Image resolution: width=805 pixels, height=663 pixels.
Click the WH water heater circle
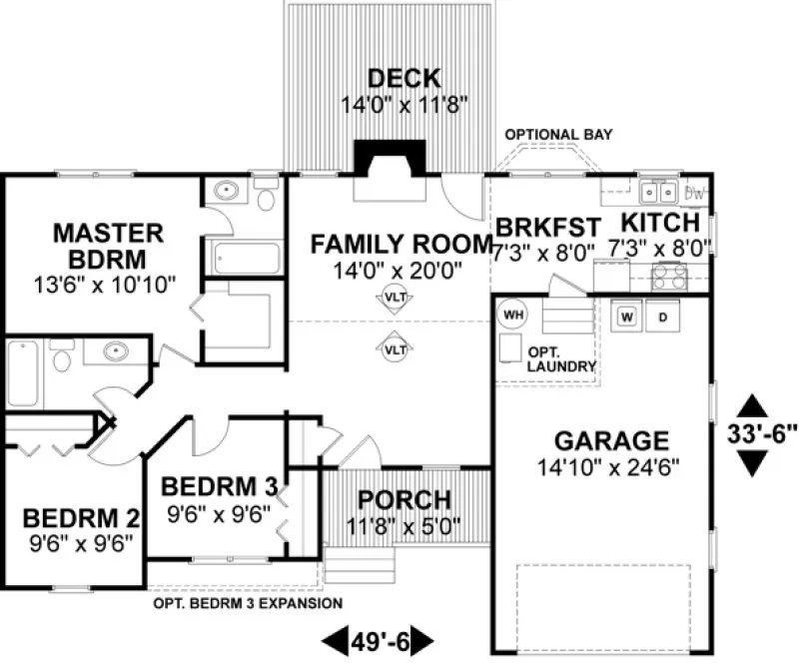coord(512,316)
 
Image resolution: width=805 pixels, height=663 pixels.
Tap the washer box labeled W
coord(627,317)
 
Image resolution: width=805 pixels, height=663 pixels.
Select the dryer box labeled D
coord(662,317)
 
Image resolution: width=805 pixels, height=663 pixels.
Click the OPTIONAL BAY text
coord(558,135)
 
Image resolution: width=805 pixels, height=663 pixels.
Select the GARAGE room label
coord(597,441)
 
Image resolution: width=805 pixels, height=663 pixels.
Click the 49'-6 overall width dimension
coord(379,638)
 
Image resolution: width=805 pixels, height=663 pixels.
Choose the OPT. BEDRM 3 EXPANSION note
coord(248,603)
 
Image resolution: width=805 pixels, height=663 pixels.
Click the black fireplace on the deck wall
coord(391,158)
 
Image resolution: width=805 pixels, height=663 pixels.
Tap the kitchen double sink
coord(659,190)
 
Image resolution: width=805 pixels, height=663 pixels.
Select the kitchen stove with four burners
coord(669,276)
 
